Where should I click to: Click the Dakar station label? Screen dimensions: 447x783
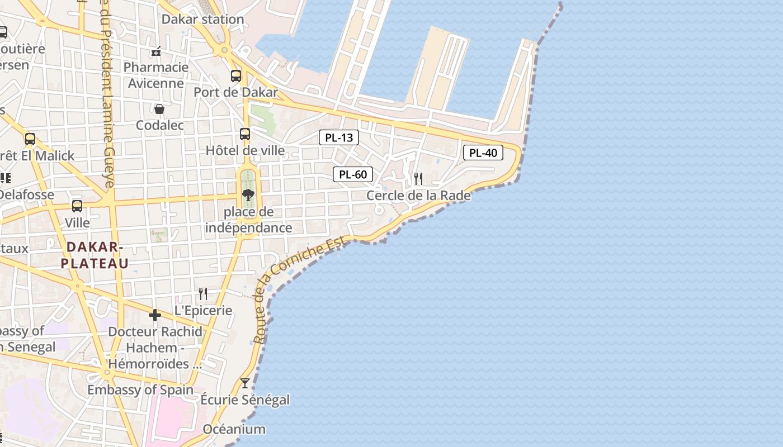[202, 20]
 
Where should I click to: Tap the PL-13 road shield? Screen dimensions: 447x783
[339, 137]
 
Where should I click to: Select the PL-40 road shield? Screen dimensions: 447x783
[483, 153]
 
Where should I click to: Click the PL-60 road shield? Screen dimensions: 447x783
[353, 174]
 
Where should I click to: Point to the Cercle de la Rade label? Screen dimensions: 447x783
[418, 196]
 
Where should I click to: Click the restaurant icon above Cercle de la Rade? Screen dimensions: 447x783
[418, 179]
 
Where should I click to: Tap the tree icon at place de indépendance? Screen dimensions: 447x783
[248, 195]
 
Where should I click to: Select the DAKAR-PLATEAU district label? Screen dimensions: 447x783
[95, 255]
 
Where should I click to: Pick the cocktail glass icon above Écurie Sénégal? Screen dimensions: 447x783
[244, 383]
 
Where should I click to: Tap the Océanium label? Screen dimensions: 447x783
[234, 429]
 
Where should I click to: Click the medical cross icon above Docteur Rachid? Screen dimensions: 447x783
[155, 315]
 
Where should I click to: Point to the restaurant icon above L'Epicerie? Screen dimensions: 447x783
[203, 293]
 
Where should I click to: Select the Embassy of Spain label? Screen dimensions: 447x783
[140, 390]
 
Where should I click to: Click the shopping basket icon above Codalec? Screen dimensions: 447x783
[159, 108]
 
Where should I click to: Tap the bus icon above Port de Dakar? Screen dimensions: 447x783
[236, 76]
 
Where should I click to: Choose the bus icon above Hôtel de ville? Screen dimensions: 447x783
[244, 134]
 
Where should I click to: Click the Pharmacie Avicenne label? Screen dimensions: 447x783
[156, 75]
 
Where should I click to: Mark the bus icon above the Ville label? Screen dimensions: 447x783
[77, 206]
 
